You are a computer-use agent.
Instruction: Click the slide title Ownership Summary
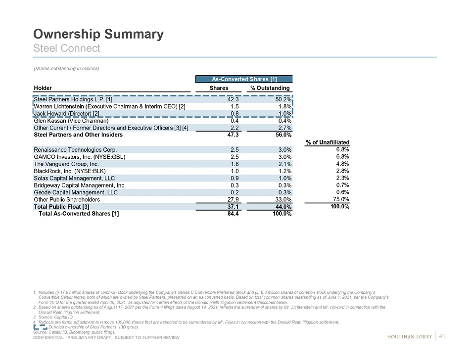coord(98,34)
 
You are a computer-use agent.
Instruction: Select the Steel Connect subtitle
coord(66,48)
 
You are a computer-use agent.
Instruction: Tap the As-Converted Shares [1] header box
coord(244,79)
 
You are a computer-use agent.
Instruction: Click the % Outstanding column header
coord(270,88)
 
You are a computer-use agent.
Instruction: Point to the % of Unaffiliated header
coord(328,142)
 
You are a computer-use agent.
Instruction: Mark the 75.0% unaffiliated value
coord(342,199)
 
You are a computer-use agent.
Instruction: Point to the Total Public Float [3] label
coord(61,207)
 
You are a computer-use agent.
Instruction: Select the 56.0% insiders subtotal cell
coord(282,134)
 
